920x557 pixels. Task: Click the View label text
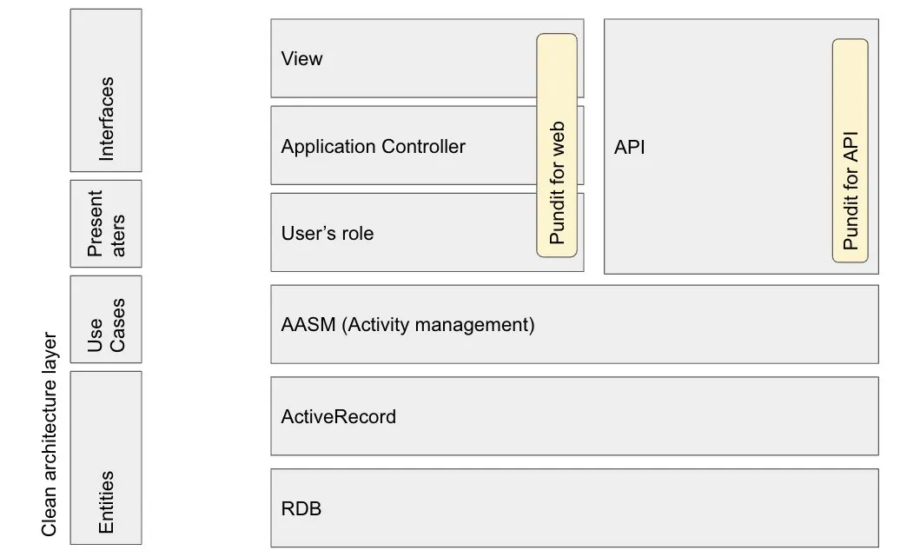(301, 59)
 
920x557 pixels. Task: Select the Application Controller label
(374, 146)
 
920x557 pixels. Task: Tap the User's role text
(328, 233)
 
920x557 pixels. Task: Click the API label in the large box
(630, 147)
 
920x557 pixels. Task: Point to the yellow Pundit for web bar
(557, 145)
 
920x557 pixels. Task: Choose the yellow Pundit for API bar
(851, 150)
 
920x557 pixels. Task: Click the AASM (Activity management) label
(407, 325)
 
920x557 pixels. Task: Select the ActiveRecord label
(339, 417)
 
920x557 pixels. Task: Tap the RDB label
(301, 508)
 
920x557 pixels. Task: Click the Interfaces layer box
(106, 90)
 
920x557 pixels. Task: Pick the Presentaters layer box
(106, 223)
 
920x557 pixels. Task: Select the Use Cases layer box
(106, 319)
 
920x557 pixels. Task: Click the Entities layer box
(106, 458)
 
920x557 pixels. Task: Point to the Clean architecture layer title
(50, 434)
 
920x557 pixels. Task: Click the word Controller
(424, 146)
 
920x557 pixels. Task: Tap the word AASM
(308, 325)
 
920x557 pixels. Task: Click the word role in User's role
(354, 234)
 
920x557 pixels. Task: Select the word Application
(328, 147)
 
